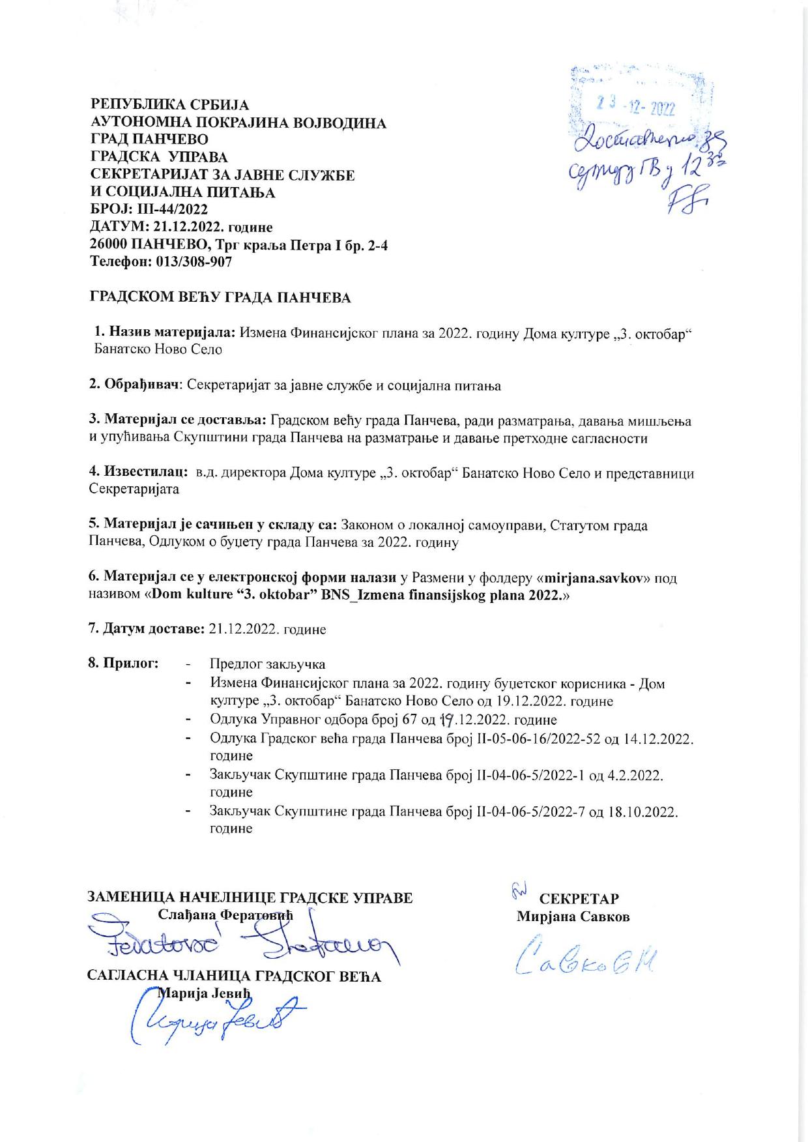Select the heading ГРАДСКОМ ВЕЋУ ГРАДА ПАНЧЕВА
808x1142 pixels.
tap(220, 299)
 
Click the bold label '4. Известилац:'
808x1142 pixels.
tap(138, 473)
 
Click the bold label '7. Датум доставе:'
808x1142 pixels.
tap(147, 630)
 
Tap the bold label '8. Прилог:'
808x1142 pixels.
tap(123, 664)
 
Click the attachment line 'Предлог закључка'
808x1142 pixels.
tap(267, 665)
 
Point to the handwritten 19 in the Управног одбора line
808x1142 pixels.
tap(447, 720)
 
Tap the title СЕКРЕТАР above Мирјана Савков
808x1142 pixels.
tap(579, 899)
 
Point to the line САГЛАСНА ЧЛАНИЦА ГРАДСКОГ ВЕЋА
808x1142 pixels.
tap(234, 976)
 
